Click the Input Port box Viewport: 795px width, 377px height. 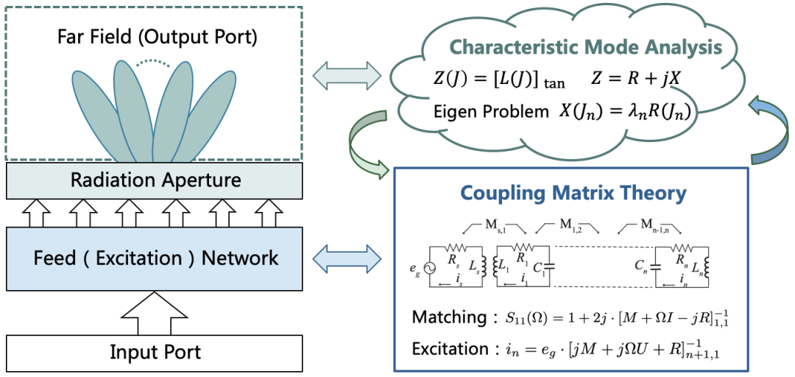coord(155,353)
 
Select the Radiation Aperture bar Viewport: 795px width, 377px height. coord(155,180)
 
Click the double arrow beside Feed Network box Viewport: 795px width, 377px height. coord(346,258)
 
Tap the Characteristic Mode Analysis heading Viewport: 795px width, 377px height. coord(586,48)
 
